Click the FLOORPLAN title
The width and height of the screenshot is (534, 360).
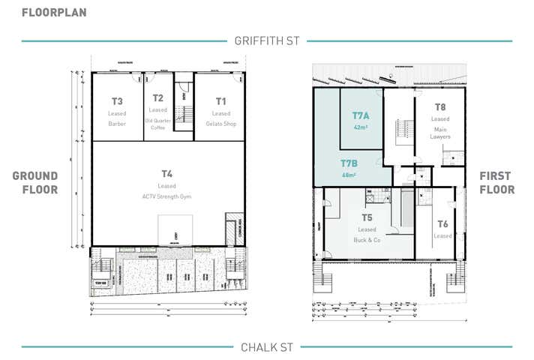click(53, 12)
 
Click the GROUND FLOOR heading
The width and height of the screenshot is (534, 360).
click(34, 183)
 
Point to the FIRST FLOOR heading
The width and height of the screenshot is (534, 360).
click(496, 183)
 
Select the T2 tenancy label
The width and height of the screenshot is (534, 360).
click(157, 99)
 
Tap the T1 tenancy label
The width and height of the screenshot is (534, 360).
click(220, 101)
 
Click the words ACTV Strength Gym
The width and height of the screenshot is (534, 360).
click(166, 196)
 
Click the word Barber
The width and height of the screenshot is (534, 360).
click(116, 124)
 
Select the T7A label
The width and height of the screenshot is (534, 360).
click(361, 115)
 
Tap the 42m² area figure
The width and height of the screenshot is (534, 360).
click(360, 127)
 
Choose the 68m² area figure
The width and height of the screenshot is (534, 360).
click(348, 175)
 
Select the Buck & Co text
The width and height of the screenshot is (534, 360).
click(367, 241)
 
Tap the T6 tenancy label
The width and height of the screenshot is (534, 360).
click(442, 223)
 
